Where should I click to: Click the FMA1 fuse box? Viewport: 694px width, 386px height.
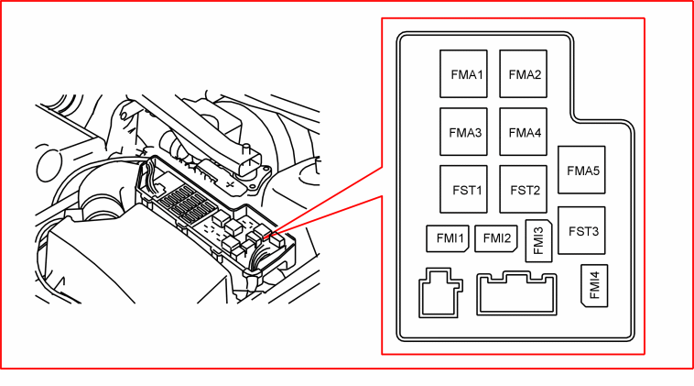click(463, 73)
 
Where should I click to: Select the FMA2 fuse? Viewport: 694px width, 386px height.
click(523, 73)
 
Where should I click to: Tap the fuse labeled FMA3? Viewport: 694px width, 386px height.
click(463, 132)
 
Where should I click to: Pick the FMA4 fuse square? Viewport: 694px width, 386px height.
click(523, 132)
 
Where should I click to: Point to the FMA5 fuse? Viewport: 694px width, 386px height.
click(581, 170)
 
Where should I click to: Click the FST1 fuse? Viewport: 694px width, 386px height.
click(463, 189)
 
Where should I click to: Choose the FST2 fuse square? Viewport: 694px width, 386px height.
click(523, 189)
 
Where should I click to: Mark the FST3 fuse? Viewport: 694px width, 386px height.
click(581, 230)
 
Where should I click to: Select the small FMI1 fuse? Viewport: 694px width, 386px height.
click(448, 238)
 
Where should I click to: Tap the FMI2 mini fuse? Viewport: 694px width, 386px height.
click(496, 238)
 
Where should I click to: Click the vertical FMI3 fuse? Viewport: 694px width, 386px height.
click(538, 240)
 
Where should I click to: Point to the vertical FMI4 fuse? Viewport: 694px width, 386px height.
click(594, 285)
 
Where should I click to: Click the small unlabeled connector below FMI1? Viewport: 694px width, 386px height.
click(440, 292)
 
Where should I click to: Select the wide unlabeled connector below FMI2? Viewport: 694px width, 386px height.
click(516, 293)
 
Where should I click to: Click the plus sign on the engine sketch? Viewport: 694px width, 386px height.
click(230, 183)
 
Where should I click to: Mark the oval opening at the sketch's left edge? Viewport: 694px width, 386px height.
click(49, 165)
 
